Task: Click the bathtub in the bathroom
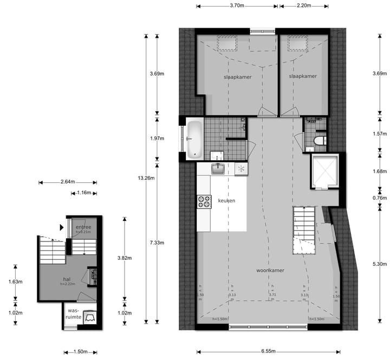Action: [x=194, y=139]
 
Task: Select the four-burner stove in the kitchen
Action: [x=204, y=202]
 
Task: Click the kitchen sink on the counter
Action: [x=218, y=169]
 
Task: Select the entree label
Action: [x=83, y=227]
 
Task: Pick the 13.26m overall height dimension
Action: [x=146, y=178]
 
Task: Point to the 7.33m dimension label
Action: [x=158, y=243]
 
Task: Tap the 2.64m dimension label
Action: [x=68, y=182]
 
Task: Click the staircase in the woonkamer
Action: [x=303, y=230]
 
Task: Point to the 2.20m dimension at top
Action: [x=304, y=5]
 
